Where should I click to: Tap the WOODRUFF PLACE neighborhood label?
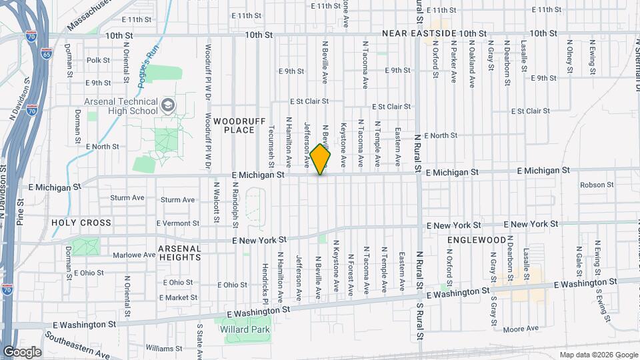[x=234, y=125]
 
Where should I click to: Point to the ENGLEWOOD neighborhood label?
[x=477, y=239]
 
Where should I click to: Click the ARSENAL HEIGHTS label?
[x=179, y=252]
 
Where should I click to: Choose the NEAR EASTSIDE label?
[x=419, y=33]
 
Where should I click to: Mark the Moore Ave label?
[x=521, y=329]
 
